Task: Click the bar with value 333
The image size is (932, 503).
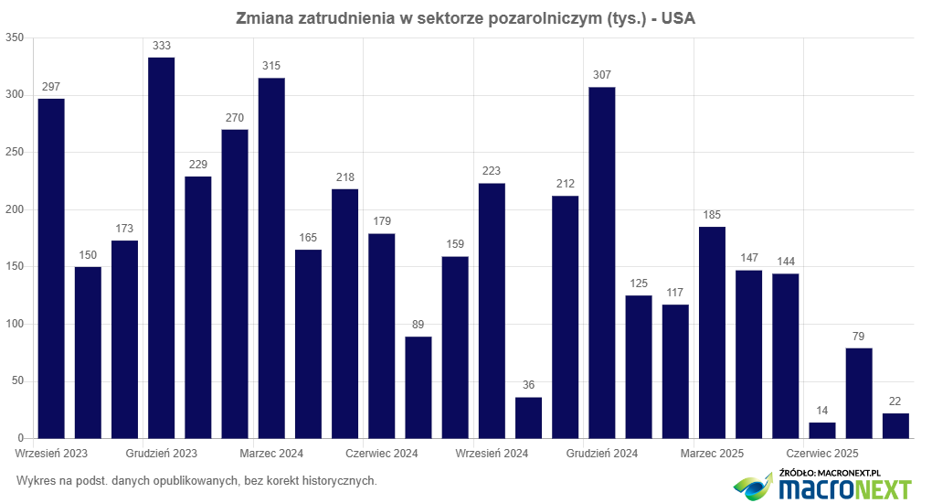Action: click(161, 248)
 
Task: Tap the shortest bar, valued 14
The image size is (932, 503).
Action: click(822, 431)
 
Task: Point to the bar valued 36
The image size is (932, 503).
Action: click(528, 418)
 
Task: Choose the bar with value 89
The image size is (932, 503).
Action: click(418, 388)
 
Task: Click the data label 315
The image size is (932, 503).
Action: click(271, 66)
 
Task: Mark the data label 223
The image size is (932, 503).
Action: click(492, 171)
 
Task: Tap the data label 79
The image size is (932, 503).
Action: click(859, 336)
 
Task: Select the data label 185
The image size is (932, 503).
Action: click(712, 215)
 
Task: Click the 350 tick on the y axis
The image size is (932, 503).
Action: click(14, 37)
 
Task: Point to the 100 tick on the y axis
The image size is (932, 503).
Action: click(14, 324)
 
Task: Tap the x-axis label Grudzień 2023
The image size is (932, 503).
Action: click(162, 454)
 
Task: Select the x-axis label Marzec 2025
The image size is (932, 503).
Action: click(712, 454)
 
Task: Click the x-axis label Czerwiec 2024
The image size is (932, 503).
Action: click(382, 454)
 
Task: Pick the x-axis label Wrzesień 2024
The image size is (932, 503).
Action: click(492, 454)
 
